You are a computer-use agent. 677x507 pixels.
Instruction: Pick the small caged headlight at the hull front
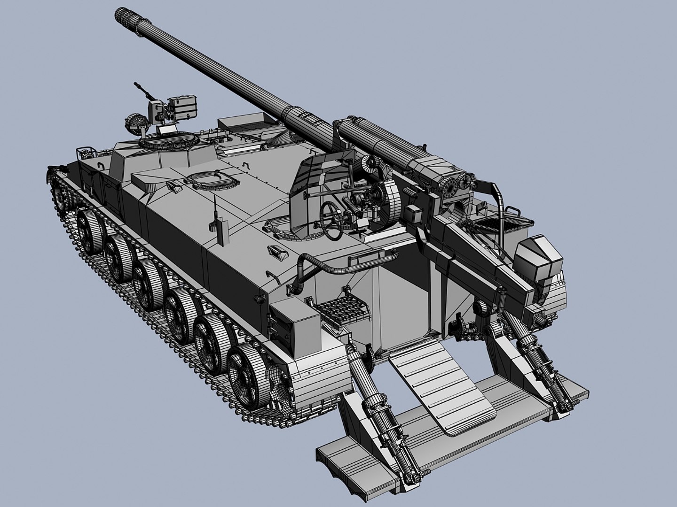[84, 154]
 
